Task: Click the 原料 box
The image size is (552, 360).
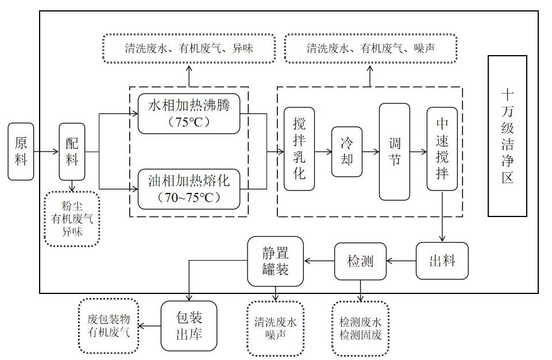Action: coord(21,151)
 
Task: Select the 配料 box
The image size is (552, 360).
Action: coord(71,152)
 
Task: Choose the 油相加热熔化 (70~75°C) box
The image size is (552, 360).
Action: coord(188,189)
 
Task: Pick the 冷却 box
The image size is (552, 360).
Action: coord(347,152)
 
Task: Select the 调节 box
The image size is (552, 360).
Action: coord(394,152)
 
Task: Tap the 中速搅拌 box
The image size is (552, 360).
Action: coord(442,148)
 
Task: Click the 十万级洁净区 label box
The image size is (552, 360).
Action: coord(507,136)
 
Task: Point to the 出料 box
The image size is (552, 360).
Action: coord(442,261)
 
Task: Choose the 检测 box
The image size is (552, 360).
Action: coord(360,261)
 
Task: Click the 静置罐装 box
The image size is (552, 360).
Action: coord(275,261)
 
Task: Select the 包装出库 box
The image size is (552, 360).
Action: coord(189,326)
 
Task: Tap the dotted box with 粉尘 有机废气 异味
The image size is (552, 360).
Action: coord(72,219)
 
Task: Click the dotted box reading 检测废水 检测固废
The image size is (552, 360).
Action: coord(360,328)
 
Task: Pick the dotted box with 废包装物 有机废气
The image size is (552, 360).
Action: coord(109,326)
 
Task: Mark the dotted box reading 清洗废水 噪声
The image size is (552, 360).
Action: coord(275,328)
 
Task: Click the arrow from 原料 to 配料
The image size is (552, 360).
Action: coord(47,152)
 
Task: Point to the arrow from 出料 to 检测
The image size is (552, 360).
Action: coord(401,261)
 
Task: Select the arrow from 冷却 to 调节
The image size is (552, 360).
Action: coord(370,152)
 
